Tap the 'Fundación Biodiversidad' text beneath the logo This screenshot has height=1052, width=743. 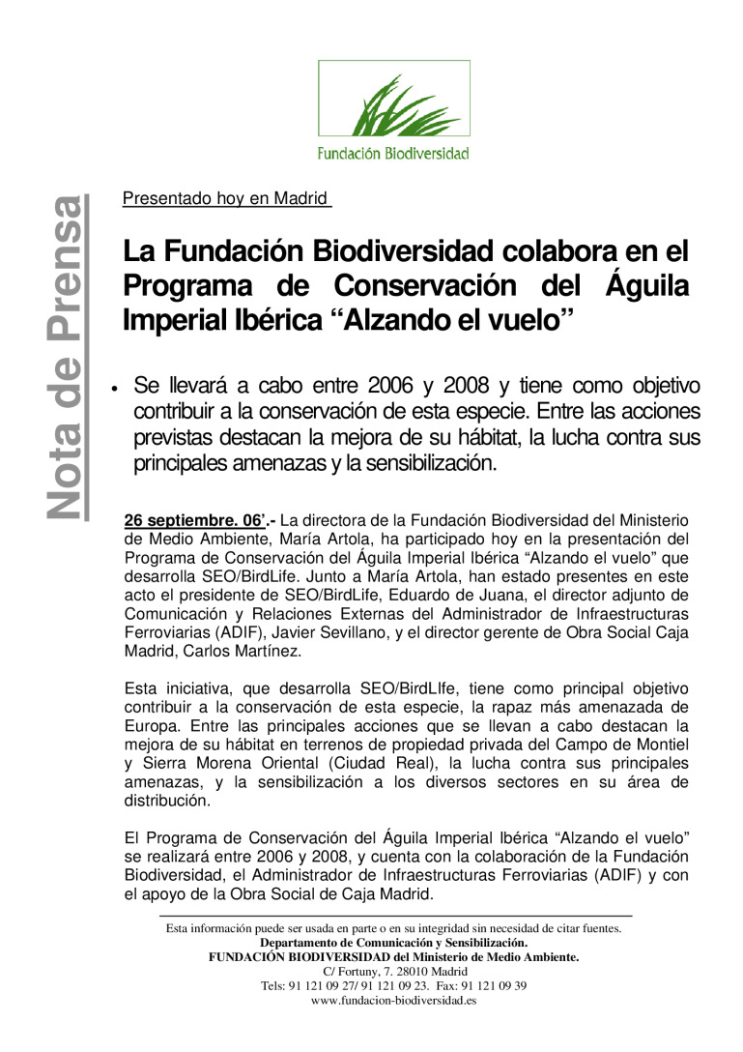393,153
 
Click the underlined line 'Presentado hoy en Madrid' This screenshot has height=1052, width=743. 226,200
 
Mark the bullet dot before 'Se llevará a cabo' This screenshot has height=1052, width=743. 114,390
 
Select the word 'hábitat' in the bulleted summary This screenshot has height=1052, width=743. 483,437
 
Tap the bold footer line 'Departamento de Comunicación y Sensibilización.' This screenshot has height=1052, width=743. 394,943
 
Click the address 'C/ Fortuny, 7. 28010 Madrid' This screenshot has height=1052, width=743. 394,972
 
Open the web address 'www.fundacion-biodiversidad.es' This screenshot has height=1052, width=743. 394,1001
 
